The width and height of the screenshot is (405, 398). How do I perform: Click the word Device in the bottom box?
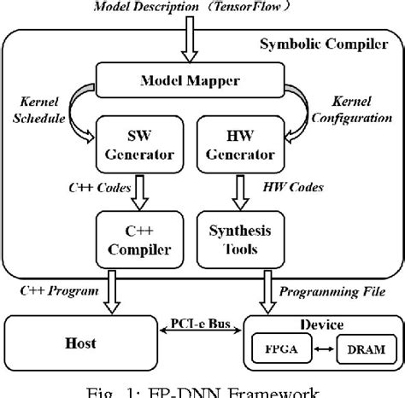tap(320, 325)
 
